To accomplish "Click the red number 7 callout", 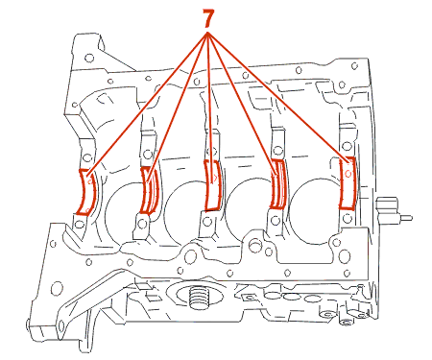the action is coord(207,18).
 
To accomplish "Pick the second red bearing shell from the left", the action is coord(149,190).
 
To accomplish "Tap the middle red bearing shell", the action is coord(212,185).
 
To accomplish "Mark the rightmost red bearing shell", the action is coord(348,183).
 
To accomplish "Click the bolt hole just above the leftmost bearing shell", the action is coord(86,157).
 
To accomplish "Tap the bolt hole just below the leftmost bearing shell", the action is coord(79,225).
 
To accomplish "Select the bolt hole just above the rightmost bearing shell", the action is coord(347,146).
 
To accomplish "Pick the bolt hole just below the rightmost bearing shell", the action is coord(348,219).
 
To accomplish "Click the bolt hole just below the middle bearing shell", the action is coord(207,221).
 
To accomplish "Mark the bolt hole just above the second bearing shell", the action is coord(147,155).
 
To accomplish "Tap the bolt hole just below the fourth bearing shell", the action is coord(275,220).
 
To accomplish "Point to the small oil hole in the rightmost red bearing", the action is coord(348,174).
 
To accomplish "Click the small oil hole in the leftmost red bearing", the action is coord(90,181).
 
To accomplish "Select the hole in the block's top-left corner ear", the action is coord(89,59).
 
